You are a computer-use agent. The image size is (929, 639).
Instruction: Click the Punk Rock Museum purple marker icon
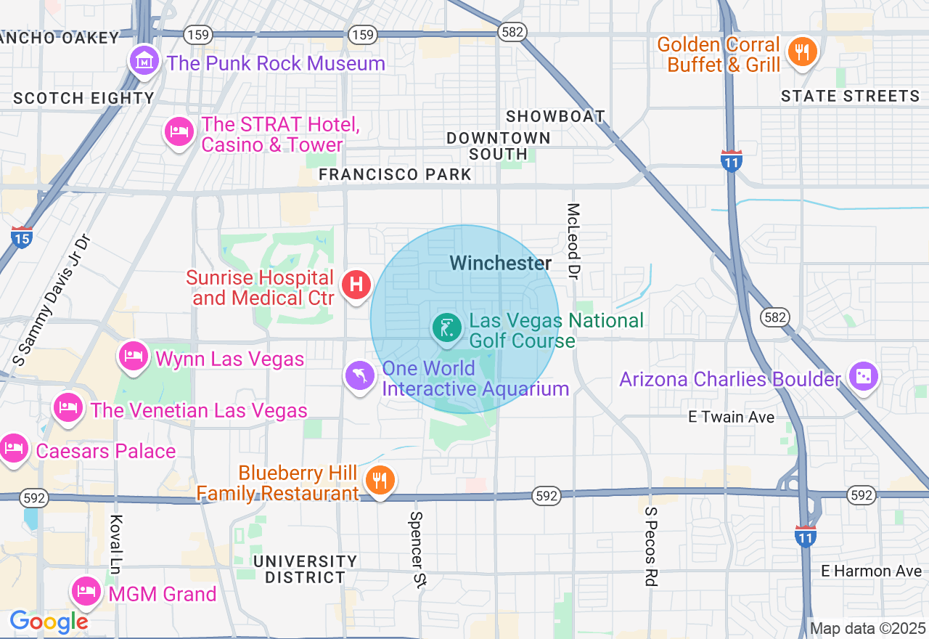144,61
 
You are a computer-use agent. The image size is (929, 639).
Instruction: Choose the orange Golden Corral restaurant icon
801,52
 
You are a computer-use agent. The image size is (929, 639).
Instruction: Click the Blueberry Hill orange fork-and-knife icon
380,480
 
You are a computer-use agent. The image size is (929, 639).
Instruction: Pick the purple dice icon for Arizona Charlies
864,376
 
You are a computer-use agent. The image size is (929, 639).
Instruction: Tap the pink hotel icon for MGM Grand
86,591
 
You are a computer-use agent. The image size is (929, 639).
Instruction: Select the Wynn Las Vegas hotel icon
134,356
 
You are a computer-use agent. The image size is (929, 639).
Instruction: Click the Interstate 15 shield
22,237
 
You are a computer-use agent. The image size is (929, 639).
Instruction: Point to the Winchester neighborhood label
501,263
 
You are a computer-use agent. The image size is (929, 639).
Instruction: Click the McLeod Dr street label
574,240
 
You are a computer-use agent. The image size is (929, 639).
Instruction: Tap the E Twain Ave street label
731,417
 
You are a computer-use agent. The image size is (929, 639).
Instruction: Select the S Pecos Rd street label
650,546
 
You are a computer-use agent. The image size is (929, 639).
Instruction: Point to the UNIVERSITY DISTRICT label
305,569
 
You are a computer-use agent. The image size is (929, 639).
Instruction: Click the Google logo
49,622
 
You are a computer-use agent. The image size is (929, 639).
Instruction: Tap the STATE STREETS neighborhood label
850,96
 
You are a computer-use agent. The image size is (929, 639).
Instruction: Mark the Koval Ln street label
115,545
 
